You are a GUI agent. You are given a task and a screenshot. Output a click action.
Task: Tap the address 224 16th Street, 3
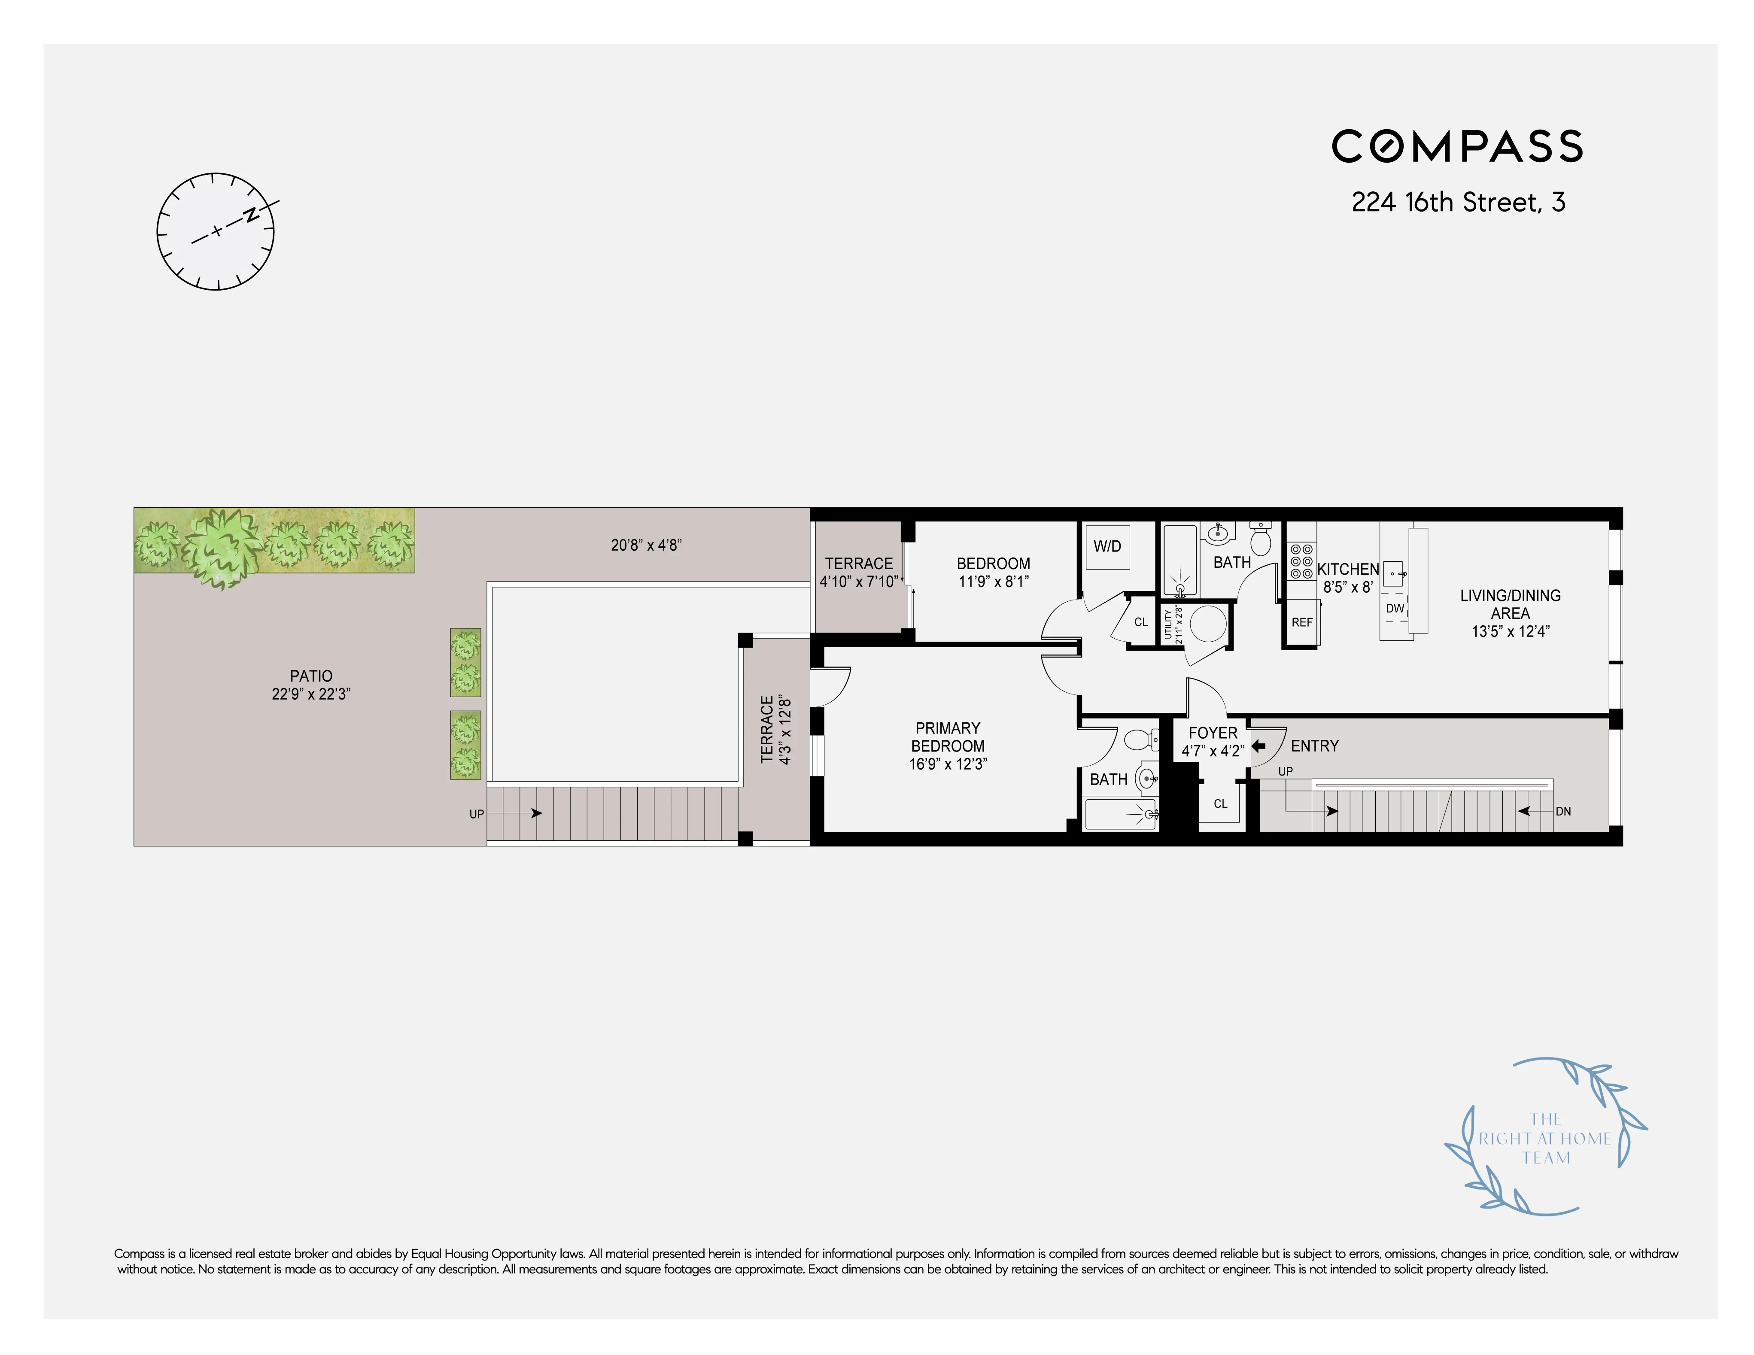(x=1458, y=202)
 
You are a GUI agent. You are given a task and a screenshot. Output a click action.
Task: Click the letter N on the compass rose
(x=251, y=214)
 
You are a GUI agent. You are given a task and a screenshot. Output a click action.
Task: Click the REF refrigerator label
(x=1302, y=622)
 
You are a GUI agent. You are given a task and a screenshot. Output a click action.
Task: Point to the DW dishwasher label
(x=1395, y=609)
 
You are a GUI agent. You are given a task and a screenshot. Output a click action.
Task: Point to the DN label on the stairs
(x=1563, y=812)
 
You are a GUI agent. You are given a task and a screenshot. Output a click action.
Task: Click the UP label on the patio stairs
(x=476, y=814)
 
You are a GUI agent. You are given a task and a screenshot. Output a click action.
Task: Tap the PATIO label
(x=311, y=676)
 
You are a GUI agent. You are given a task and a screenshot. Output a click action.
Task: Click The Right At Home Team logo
(x=1544, y=1138)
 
